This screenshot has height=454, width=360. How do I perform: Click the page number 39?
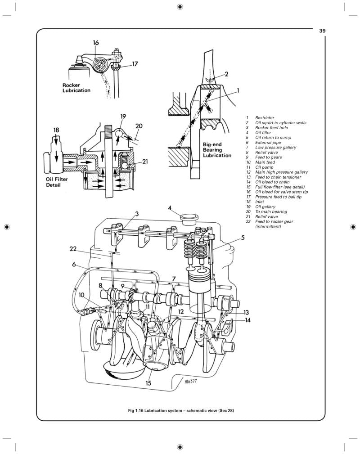tap(322, 31)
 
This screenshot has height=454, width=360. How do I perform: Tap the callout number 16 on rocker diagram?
tap(96, 43)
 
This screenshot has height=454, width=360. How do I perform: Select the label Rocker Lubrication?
tap(76, 88)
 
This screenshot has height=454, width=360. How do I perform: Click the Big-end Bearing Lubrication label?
tap(217, 150)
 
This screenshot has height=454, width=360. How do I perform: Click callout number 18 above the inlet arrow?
tap(56, 130)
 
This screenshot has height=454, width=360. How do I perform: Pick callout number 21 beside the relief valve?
tap(145, 162)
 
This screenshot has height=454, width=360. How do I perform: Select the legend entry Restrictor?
tap(265, 118)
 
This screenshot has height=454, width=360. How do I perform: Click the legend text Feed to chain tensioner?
tap(280, 177)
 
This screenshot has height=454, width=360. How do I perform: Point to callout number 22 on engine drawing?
tap(73, 248)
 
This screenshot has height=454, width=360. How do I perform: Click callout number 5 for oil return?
tap(243, 238)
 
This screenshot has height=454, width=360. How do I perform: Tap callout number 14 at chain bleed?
tap(247, 320)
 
